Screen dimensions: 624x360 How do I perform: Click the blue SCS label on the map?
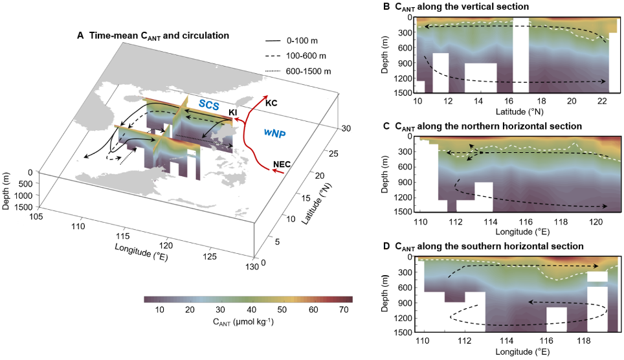click(x=209, y=105)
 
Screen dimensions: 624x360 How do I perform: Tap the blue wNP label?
click(x=275, y=133)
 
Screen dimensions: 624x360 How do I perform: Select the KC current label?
click(x=271, y=103)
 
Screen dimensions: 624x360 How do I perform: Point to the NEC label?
click(x=282, y=164)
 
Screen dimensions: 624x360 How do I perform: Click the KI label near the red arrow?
click(x=233, y=113)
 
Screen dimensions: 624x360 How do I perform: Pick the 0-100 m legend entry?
click(x=302, y=41)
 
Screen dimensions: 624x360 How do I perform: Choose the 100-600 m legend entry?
click(x=306, y=56)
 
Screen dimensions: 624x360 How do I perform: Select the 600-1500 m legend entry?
click(x=308, y=71)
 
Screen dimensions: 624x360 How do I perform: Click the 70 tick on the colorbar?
click(x=344, y=310)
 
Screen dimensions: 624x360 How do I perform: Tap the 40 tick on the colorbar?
click(x=252, y=310)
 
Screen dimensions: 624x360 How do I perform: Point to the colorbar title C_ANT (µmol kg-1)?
click(x=243, y=322)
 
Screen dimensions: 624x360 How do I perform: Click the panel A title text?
click(x=153, y=36)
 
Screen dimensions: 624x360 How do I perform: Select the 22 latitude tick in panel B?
click(x=602, y=101)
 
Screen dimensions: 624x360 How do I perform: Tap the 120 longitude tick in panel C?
click(x=596, y=222)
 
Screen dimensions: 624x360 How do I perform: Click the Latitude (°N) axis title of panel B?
click(x=519, y=112)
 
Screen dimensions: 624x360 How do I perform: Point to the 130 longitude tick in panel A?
click(x=252, y=266)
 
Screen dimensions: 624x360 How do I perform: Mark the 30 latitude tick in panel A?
click(x=346, y=129)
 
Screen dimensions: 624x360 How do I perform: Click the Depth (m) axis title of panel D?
click(x=385, y=293)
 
